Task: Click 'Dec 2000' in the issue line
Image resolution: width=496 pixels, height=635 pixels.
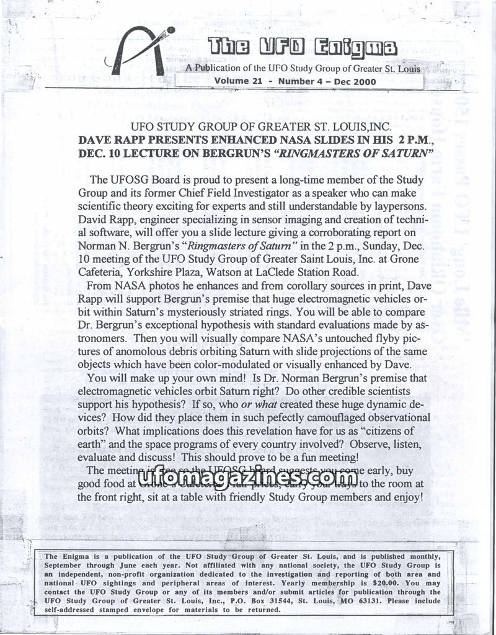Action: pos(351,81)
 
